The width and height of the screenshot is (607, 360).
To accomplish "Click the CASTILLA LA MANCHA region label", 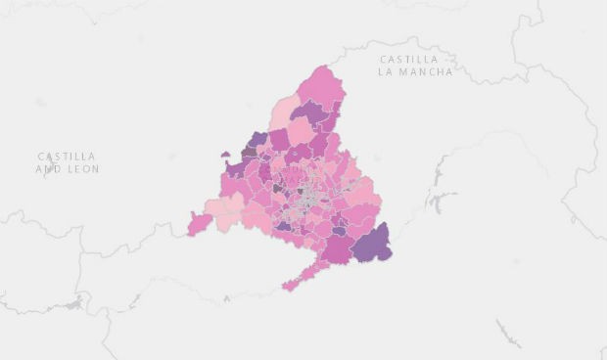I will (416, 66).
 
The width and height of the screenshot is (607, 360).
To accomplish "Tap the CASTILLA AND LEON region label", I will (68, 162).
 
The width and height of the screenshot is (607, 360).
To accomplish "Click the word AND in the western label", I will (48, 169).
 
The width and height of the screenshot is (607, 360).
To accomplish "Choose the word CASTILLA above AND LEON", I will (68, 156).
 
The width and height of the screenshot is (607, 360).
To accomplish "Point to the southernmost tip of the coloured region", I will (288, 288).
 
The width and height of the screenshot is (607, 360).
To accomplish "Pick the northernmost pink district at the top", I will (323, 83).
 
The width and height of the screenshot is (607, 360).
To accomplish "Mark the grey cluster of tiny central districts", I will (310, 195).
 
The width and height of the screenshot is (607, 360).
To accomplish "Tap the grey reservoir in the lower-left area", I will (73, 306).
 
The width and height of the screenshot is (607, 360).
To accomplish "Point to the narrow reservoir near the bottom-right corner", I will (509, 333).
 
